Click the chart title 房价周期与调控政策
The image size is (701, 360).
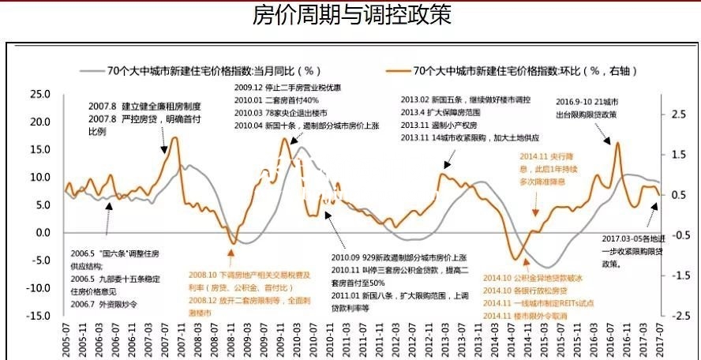pyautogui.click(x=351, y=15)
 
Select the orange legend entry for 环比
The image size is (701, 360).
pyautogui.click(x=526, y=71)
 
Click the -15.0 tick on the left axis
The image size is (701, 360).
pyautogui.click(x=37, y=315)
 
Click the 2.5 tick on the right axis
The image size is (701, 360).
pyautogui.click(x=677, y=114)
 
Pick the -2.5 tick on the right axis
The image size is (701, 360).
pyautogui.click(x=677, y=315)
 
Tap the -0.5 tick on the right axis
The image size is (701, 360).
pyautogui.click(x=677, y=234)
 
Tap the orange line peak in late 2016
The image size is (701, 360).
pyautogui.click(x=617, y=144)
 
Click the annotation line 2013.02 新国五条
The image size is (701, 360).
pyautogui.click(x=466, y=100)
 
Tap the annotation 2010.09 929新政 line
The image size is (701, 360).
pyautogui.click(x=399, y=258)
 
